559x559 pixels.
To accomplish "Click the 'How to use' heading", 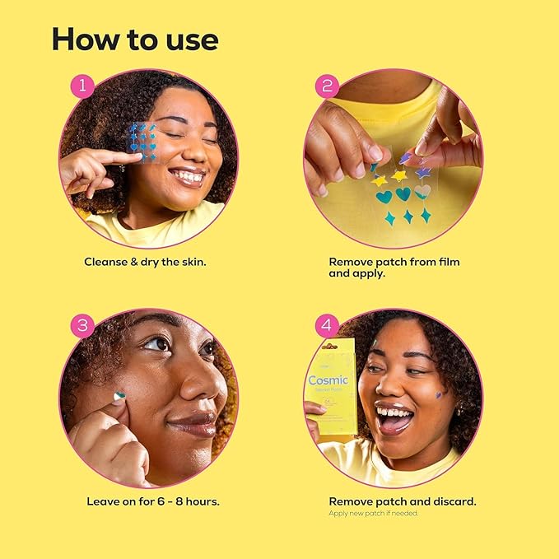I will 133,39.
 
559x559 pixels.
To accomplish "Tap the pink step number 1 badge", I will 82,86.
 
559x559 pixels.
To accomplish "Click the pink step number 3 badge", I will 82,325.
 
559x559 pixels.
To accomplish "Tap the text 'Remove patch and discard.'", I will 402,501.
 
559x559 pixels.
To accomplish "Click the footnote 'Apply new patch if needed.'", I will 373,513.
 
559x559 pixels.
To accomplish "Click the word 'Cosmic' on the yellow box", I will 328,380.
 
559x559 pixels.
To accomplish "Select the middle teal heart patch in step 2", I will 403,194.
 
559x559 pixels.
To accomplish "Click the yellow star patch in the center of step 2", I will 400,175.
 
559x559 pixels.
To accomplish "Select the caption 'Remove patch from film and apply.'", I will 394,268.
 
